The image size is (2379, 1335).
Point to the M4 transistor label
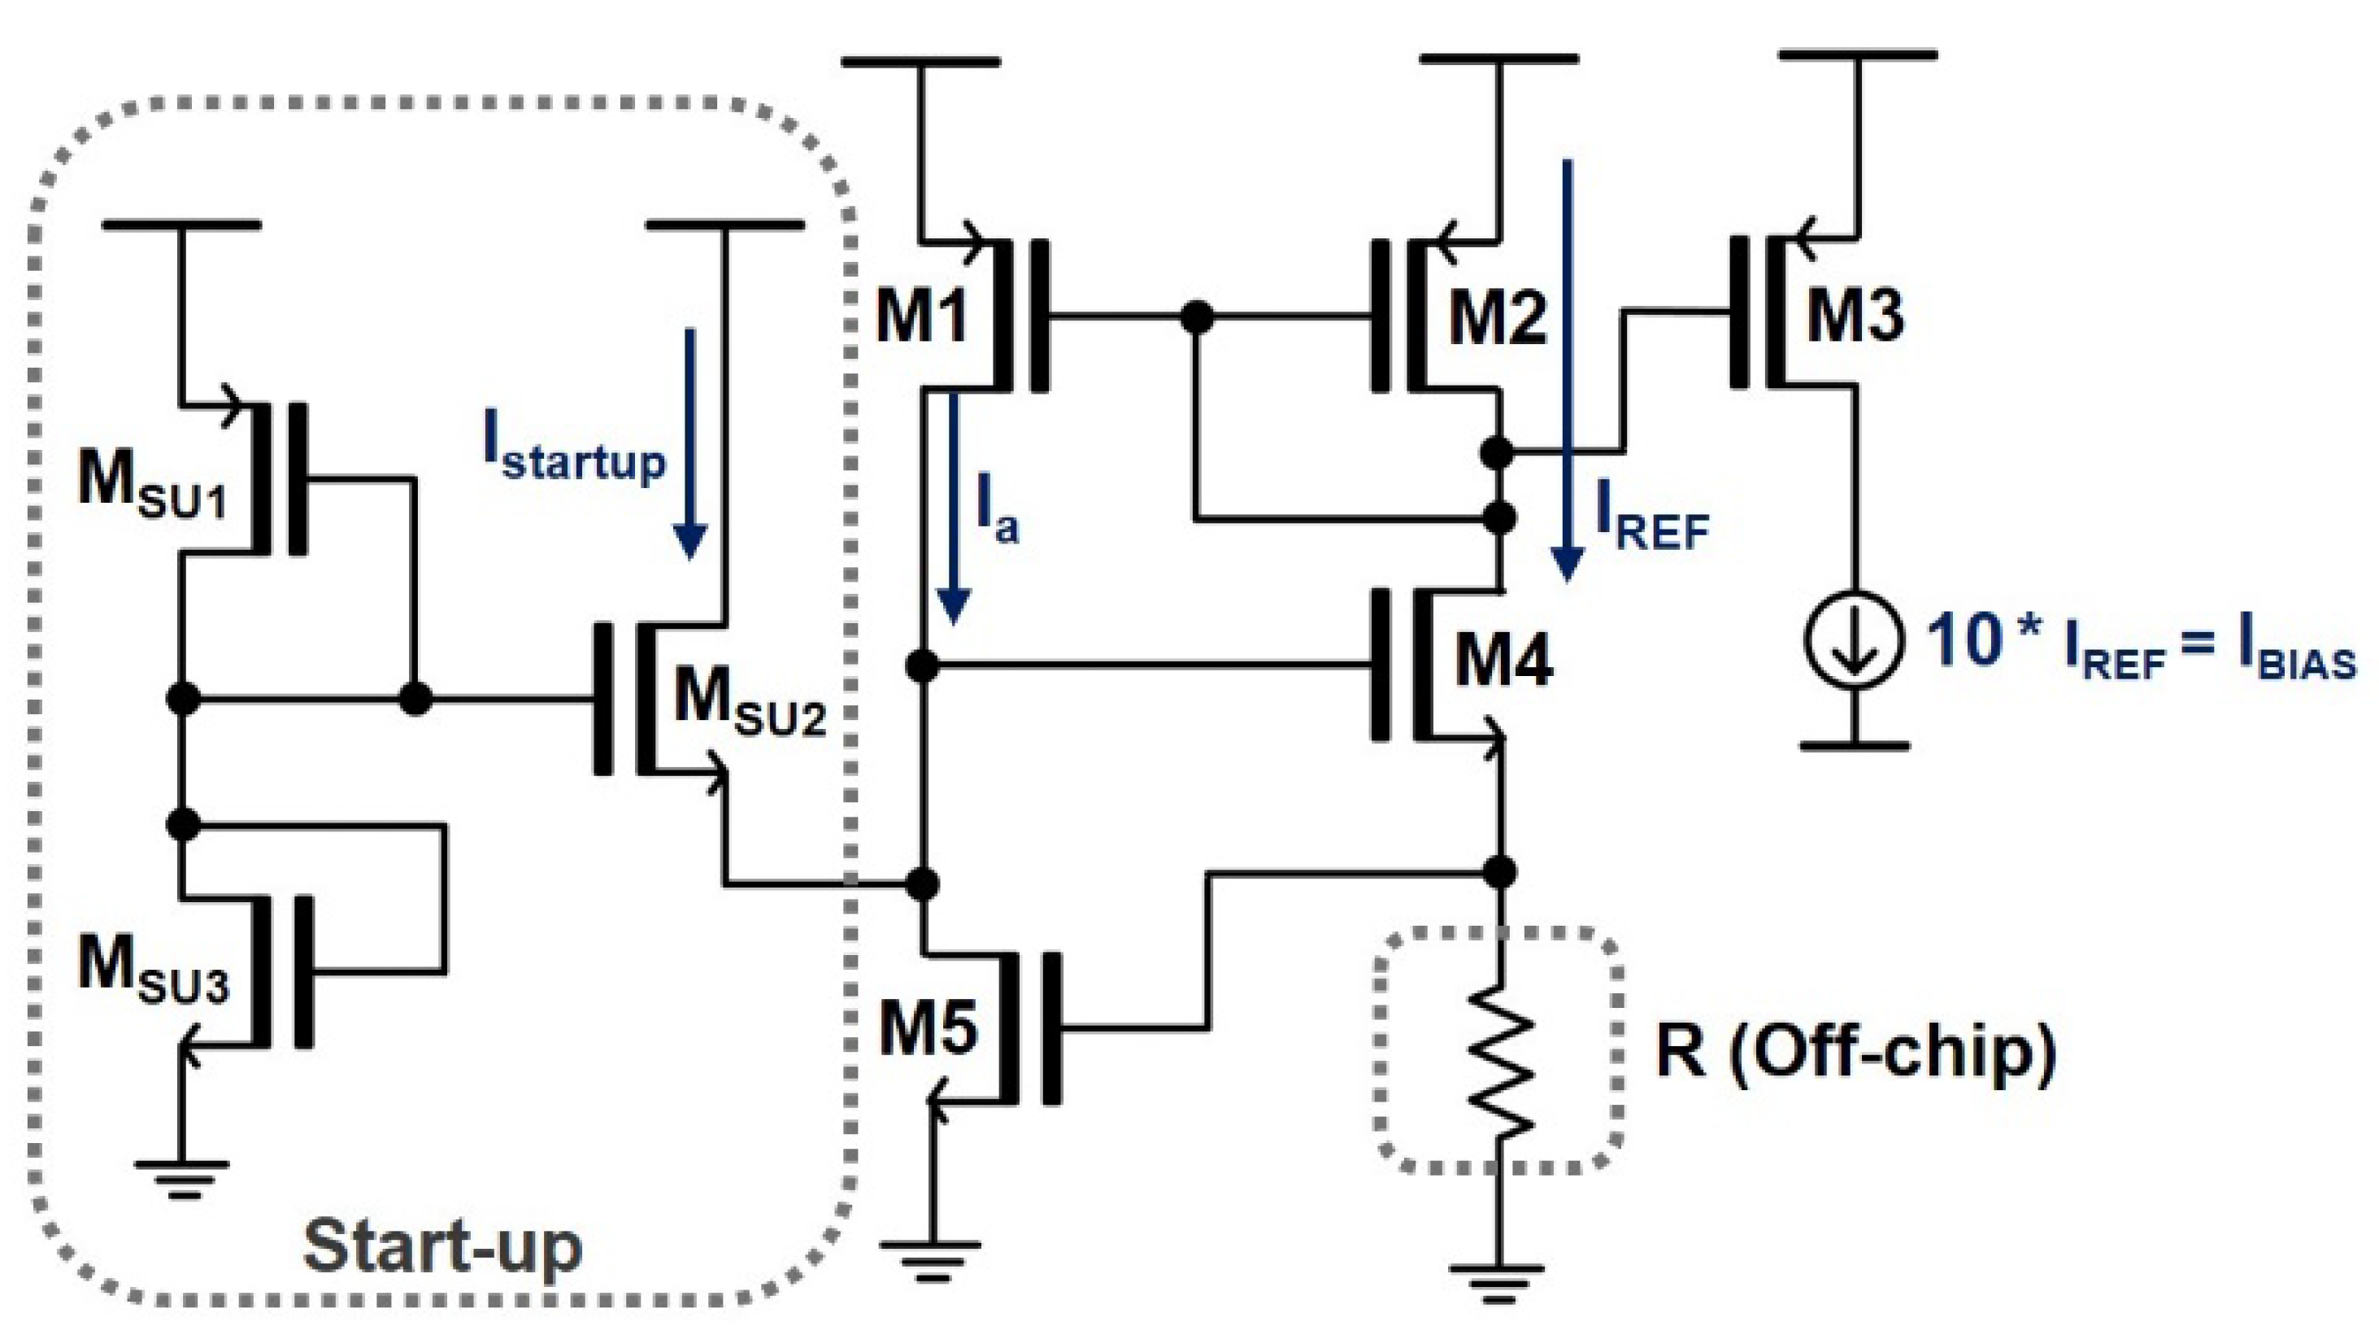point(1503,660)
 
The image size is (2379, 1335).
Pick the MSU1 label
point(151,484)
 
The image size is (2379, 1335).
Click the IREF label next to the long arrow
point(1652,525)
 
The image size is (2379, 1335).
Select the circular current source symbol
point(1854,639)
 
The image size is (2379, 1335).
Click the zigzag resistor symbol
point(1500,1062)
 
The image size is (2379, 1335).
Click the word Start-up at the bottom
point(443,1246)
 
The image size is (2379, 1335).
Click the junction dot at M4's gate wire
point(922,665)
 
